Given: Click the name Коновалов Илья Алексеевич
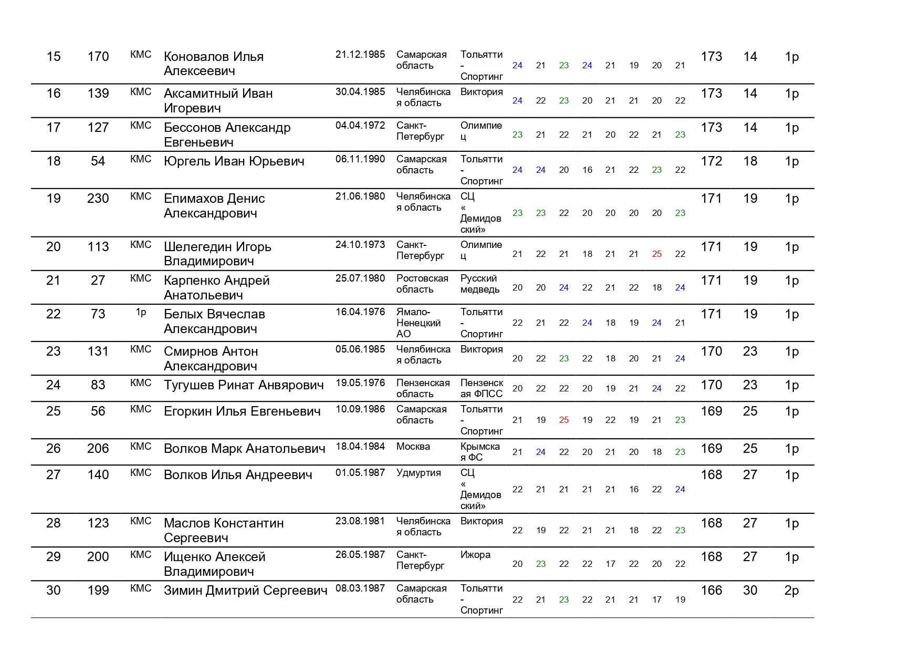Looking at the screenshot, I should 214,64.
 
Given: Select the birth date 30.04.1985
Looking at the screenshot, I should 360,92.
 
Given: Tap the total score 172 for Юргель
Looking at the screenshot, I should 711,161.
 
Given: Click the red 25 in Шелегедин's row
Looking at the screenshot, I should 657,254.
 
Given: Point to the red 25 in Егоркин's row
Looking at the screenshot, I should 564,420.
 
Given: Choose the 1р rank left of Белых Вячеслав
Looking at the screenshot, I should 141,312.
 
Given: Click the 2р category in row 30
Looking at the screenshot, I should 791,591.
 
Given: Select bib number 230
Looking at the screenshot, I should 98,199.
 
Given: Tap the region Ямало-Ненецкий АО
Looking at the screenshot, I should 418,323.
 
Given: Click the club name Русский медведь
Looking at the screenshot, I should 480,284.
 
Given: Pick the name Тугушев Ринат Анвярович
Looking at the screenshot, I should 244,385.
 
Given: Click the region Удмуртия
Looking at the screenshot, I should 418,473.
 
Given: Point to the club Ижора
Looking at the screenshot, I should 475,555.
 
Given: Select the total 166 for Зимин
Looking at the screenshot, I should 711,591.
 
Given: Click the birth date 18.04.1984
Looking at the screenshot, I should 360,447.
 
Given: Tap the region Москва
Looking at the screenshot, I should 413,447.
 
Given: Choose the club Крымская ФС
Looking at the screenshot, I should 480,452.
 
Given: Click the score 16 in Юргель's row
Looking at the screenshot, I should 587,170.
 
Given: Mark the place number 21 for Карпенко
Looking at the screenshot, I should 54,281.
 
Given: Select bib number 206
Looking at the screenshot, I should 98,449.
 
